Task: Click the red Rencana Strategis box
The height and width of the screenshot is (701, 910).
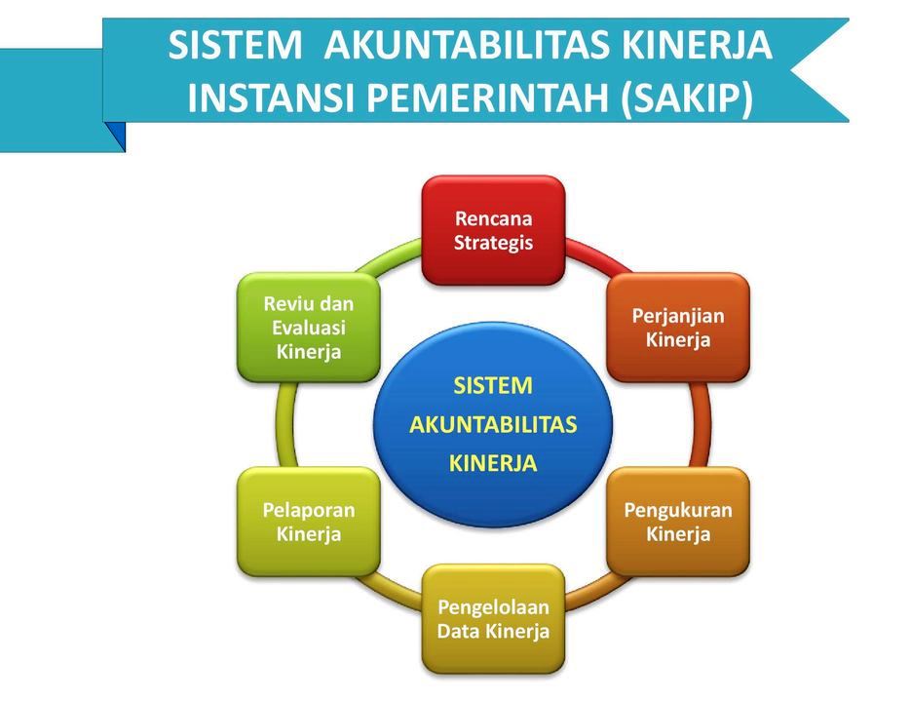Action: click(493, 230)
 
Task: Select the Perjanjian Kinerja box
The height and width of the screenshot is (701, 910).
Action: click(677, 328)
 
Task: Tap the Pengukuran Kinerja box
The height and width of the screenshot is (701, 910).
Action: click(677, 522)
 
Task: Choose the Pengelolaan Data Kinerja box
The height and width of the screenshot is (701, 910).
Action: click(493, 618)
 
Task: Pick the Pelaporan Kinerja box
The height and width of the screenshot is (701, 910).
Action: click(308, 522)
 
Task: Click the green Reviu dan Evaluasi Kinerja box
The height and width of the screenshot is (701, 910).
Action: click(308, 328)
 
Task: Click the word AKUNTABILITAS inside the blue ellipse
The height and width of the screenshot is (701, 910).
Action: click(493, 425)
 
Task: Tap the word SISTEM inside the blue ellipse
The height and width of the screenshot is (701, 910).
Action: click(493, 386)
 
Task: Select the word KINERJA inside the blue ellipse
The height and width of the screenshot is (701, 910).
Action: click(493, 464)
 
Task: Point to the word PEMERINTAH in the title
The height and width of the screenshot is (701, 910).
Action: click(498, 98)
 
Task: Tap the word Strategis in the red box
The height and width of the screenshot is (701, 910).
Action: click(493, 243)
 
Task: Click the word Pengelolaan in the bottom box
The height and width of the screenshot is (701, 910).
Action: click(493, 606)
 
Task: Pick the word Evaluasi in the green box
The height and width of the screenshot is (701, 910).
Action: click(308, 328)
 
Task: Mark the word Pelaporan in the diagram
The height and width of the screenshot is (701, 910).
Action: click(308, 510)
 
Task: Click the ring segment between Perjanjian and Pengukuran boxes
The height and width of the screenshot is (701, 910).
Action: click(700, 424)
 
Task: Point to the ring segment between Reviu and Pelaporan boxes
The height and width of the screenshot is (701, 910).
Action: click(286, 424)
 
